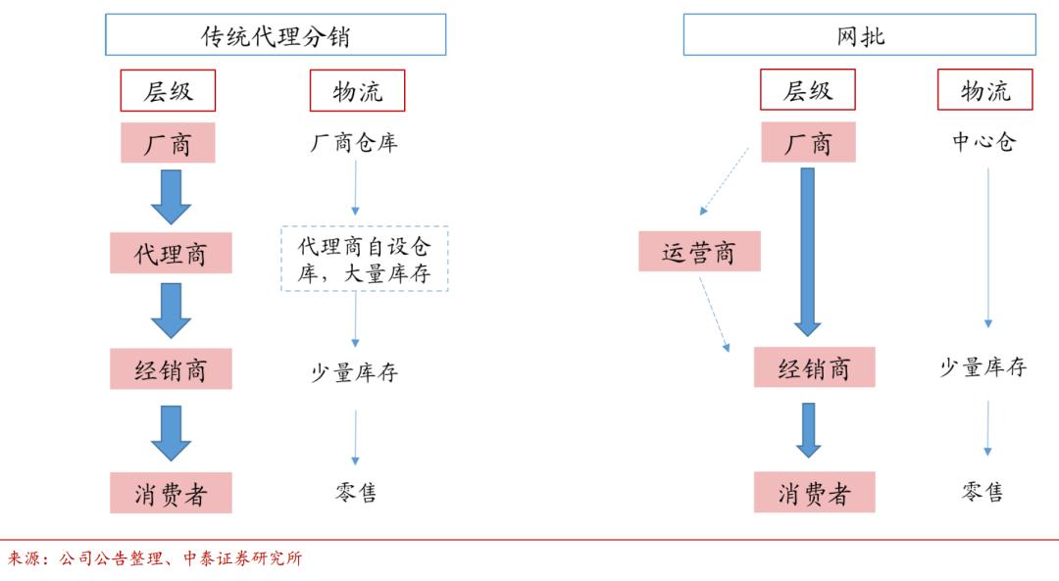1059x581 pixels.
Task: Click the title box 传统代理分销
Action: (x=276, y=35)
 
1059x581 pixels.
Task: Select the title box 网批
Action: (x=860, y=35)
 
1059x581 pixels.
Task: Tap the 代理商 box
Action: (x=171, y=254)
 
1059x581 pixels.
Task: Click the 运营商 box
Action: (x=699, y=252)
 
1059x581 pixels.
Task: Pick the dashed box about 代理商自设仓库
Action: (x=364, y=259)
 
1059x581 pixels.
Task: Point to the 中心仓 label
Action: (x=984, y=142)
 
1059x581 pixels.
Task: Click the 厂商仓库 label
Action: (x=354, y=143)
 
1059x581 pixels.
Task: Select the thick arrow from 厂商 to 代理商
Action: (x=171, y=196)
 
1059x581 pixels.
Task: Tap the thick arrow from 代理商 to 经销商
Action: (x=171, y=311)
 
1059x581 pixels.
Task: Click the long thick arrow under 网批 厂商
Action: (x=808, y=252)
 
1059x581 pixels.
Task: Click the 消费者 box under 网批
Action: (x=814, y=493)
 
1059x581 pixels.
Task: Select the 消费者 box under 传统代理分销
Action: (x=171, y=493)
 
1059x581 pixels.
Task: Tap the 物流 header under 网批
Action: (x=985, y=92)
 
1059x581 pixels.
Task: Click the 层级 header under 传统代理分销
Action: (x=168, y=92)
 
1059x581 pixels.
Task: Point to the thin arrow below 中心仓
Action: (x=987, y=250)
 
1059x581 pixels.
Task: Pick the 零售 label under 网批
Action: (x=983, y=492)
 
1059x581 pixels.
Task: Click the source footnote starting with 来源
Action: (x=155, y=559)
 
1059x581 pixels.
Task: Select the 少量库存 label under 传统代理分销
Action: (x=355, y=372)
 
